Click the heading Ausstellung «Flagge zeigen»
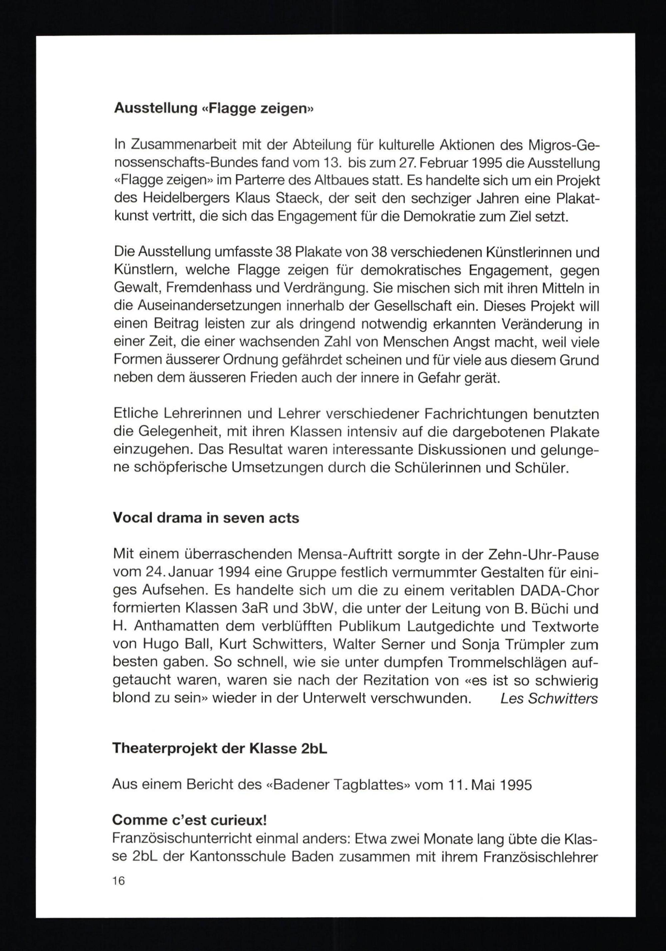click(x=214, y=108)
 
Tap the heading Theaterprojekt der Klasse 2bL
click(x=220, y=748)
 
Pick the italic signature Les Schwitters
click(x=549, y=699)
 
